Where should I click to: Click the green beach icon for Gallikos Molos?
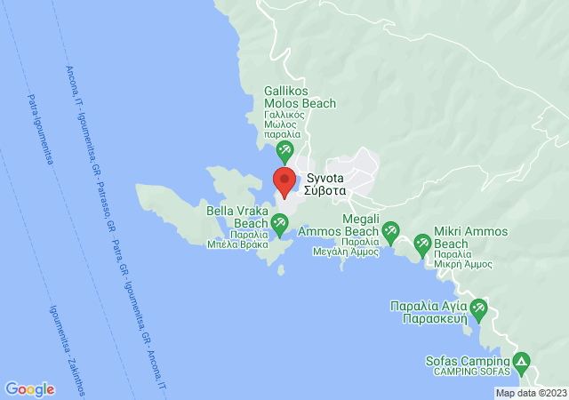285,150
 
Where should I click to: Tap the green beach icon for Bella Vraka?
282,229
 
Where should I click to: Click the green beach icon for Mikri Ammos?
423,241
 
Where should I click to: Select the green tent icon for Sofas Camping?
521,362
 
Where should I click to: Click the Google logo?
29,388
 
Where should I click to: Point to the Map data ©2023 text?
530,393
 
